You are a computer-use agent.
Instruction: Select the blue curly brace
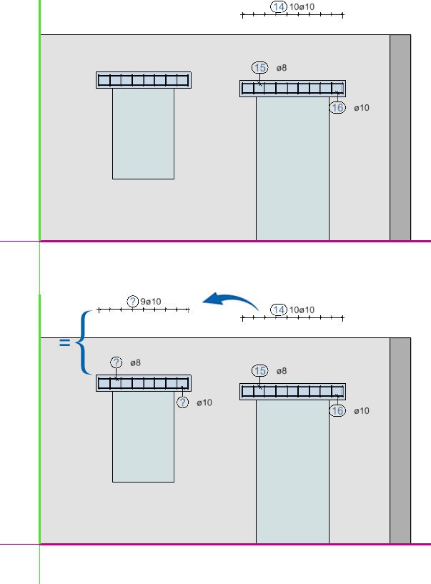(x=82, y=342)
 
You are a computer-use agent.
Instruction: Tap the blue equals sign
(x=64, y=342)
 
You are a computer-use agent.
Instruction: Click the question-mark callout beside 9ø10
(x=133, y=302)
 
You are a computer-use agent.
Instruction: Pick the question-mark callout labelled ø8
(x=117, y=362)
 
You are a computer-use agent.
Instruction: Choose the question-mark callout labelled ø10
(x=182, y=402)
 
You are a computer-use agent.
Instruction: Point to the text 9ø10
(x=151, y=302)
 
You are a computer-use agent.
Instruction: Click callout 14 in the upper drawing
(x=279, y=6)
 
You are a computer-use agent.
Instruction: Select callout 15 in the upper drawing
(x=259, y=68)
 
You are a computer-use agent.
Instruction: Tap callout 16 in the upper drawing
(x=337, y=108)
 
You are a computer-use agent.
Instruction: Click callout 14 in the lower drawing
(x=279, y=310)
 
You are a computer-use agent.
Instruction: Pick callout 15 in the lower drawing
(x=259, y=371)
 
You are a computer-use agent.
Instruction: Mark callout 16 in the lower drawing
(x=337, y=411)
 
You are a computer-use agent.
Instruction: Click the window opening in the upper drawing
(x=144, y=134)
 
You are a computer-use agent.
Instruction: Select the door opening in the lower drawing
(x=292, y=472)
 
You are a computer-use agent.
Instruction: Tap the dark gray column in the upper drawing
(x=400, y=138)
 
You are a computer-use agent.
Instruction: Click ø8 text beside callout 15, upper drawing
(x=282, y=68)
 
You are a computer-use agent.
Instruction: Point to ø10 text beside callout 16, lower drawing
(x=362, y=411)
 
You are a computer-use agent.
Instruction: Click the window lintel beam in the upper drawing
(x=144, y=80)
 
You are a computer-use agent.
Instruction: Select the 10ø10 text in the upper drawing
(x=302, y=6)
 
